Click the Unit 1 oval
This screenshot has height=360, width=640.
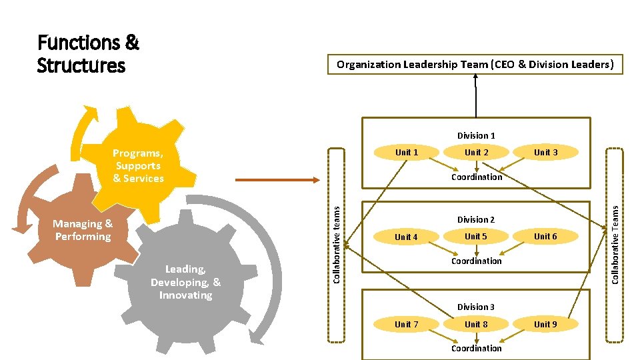tap(407, 153)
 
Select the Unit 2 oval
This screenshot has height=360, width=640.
tap(476, 153)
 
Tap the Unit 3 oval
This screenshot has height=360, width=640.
tap(545, 153)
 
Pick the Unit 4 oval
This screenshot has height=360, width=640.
tap(406, 237)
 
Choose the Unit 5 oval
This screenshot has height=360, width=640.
tap(476, 237)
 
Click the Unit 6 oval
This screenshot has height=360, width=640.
tap(545, 237)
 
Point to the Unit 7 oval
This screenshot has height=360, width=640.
tap(406, 325)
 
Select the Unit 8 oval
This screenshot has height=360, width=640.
tap(476, 325)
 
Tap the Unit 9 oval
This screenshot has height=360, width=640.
tap(545, 325)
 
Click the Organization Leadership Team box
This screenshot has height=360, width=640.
tap(475, 65)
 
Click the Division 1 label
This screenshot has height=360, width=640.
tap(476, 136)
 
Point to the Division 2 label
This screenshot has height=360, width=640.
tap(476, 220)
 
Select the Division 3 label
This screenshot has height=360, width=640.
tap(476, 307)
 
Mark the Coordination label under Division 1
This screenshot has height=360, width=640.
tap(476, 177)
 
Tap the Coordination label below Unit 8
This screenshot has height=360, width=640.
tap(476, 349)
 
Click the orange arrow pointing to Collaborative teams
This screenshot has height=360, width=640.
tap(277, 179)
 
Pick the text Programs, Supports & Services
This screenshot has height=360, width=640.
tap(138, 166)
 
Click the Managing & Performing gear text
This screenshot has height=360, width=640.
tap(83, 231)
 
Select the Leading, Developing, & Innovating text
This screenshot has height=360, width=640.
tap(185, 282)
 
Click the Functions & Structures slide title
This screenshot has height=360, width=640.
tap(88, 55)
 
